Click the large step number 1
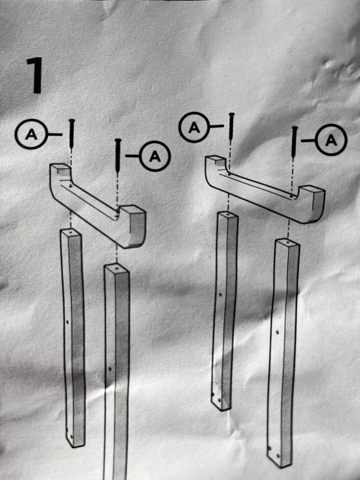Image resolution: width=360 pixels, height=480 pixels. [x=35, y=76]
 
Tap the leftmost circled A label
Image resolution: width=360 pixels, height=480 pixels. [x=31, y=134]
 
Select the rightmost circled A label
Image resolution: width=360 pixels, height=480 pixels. [x=331, y=140]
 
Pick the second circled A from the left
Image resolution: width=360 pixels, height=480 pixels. [x=155, y=156]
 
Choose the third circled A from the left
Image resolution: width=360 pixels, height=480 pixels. [x=194, y=127]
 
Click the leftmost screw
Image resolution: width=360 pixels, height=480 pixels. [x=71, y=134]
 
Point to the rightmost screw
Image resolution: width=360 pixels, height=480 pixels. [x=294, y=142]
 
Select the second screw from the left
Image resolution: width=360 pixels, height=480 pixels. [x=118, y=155]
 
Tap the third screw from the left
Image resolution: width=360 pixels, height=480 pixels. [x=232, y=127]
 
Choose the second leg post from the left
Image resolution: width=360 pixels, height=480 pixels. [x=116, y=371]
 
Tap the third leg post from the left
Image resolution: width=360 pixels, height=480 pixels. [x=224, y=310]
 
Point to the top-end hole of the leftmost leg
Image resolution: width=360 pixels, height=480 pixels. [x=71, y=233]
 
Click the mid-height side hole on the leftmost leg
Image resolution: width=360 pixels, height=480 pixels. [x=67, y=322]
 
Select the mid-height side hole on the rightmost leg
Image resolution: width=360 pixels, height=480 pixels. [x=277, y=332]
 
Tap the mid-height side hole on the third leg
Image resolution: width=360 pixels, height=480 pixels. [x=220, y=295]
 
